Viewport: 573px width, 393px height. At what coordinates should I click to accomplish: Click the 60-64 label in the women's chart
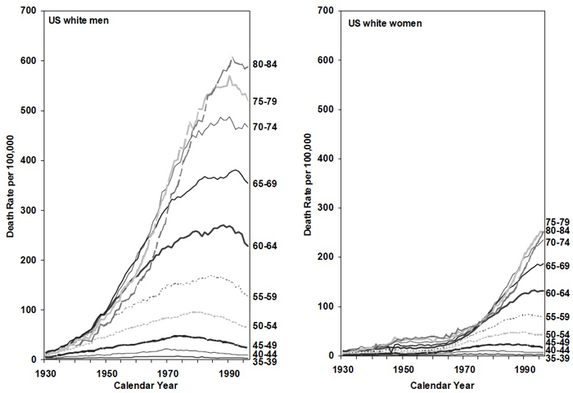coord(558,293)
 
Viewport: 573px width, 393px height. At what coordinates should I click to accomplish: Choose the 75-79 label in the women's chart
coord(558,221)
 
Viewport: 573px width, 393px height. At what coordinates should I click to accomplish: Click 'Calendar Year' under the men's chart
coord(144,384)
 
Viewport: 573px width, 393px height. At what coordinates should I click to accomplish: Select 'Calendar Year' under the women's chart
coord(446,384)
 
